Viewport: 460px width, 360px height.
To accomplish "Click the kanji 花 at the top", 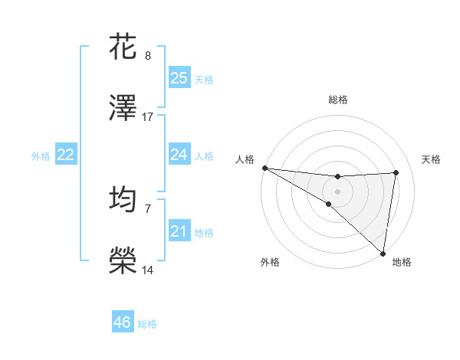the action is point(123,45).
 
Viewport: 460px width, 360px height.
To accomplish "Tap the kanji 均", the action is point(123,198).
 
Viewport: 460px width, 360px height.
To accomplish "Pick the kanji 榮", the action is point(123,261).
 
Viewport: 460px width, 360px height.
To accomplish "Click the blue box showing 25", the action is point(179,78).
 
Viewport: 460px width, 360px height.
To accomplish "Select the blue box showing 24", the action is point(179,155).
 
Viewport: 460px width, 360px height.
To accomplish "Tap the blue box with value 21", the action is point(179,231).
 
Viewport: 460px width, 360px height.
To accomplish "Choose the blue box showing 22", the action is point(66,155).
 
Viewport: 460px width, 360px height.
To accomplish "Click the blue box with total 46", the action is point(123,322).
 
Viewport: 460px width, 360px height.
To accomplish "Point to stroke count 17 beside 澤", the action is point(148,117).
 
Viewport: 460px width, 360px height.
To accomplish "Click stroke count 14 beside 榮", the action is point(148,270).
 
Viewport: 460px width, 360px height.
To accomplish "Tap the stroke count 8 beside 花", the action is point(148,55).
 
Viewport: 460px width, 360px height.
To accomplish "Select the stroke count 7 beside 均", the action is point(148,208).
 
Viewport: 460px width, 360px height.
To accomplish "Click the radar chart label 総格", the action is point(338,100).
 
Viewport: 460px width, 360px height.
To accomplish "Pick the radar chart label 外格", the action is point(270,262).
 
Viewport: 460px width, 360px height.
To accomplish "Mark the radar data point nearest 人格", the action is point(264,167).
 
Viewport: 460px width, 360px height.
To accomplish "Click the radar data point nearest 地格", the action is point(383,253).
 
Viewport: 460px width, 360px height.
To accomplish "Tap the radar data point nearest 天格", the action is point(396,172).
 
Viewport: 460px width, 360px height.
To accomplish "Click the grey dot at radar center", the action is point(337,190).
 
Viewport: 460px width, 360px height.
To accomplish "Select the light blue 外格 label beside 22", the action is point(41,155).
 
